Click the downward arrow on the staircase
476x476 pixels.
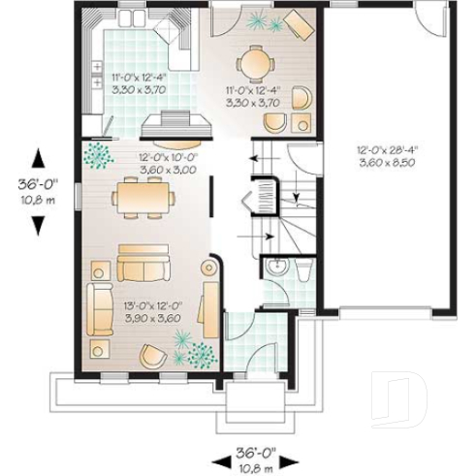coord(293,199)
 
